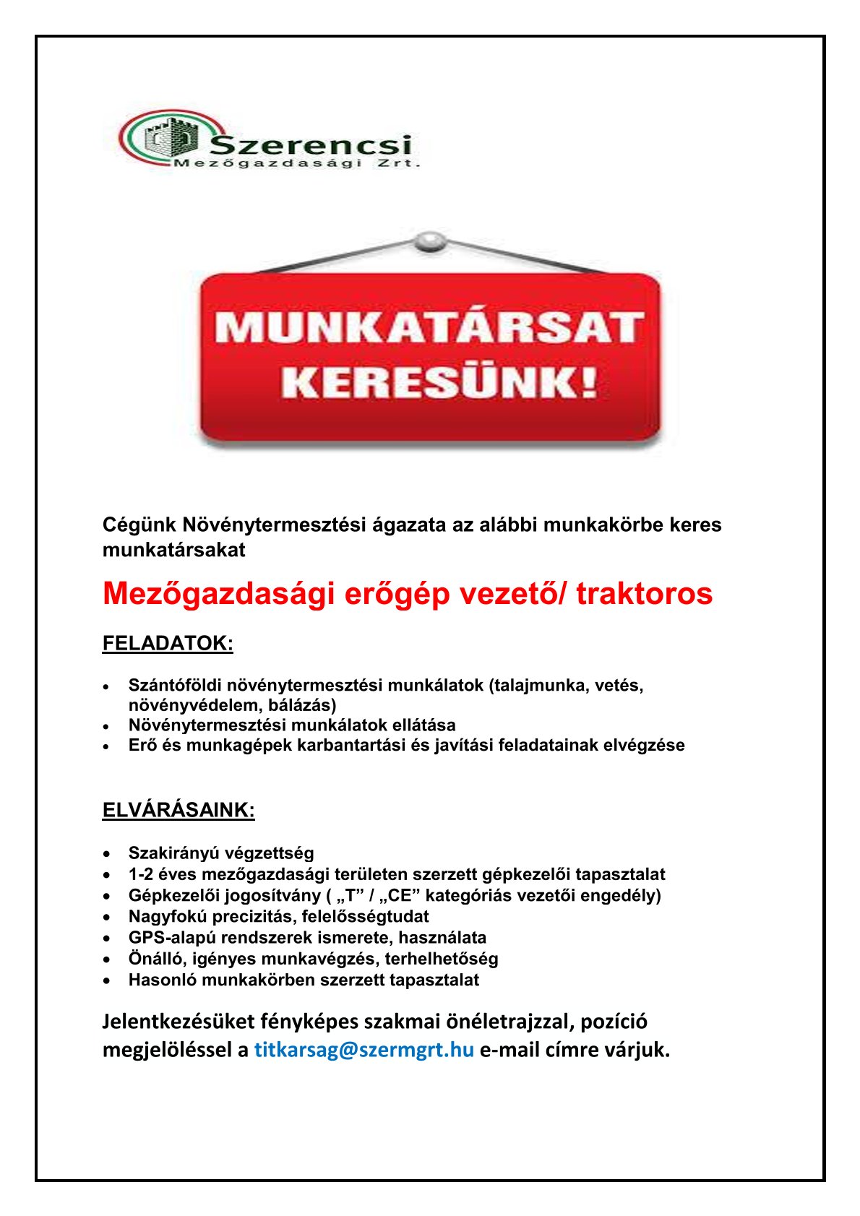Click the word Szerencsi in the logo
311,146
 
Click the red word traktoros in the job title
644,594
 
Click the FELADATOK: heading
168,643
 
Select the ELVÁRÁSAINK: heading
179,810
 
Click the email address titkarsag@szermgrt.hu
364,1049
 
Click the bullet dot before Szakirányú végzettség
107,854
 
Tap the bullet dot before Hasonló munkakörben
107,980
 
